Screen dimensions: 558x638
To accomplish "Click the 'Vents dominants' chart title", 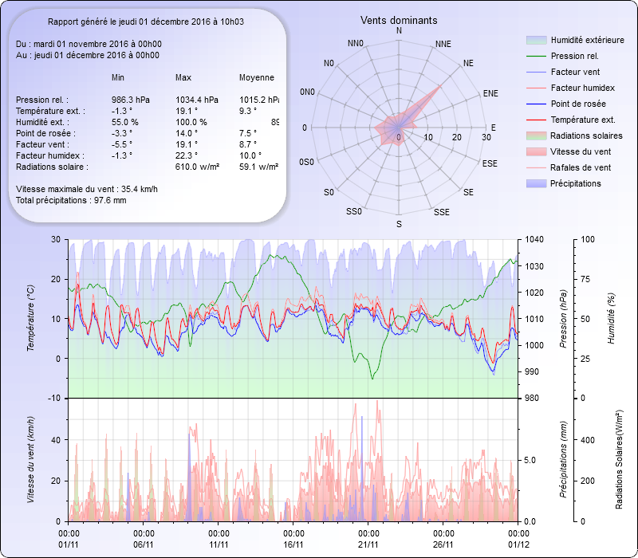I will click(399, 20).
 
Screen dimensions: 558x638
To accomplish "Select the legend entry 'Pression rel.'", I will click(574, 56).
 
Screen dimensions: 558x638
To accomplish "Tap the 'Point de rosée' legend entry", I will click(577, 104).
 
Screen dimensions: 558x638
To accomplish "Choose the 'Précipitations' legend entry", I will click(575, 183).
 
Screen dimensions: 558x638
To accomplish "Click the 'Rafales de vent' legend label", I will click(581, 167).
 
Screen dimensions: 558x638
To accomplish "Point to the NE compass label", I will click(468, 62).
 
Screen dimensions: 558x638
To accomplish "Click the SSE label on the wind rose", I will click(441, 212).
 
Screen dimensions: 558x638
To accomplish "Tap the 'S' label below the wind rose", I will click(399, 226).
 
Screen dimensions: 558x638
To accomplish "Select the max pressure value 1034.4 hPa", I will click(196, 100).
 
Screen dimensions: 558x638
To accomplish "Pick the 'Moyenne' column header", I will click(257, 77).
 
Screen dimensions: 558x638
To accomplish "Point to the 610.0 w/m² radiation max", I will click(198, 167).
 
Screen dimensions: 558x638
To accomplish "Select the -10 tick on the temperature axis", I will click(54, 398).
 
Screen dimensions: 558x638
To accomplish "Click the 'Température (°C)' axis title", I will click(31, 319).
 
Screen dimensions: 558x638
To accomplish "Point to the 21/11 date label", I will click(368, 544).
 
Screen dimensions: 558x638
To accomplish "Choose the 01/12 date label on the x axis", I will click(518, 544).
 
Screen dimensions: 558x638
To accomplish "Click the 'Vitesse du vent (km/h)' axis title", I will click(31, 459).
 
